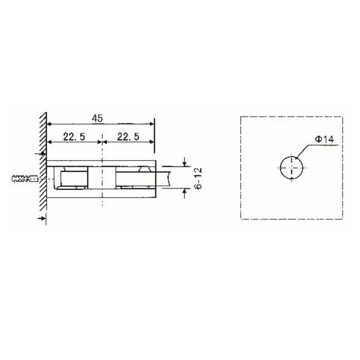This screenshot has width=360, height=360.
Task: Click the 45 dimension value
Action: click(97, 118)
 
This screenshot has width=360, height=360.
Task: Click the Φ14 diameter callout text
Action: click(324, 140)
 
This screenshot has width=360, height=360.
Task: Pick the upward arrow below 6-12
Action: click(184, 193)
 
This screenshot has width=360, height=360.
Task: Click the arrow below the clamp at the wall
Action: click(42, 218)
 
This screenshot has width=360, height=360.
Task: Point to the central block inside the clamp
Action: click(100, 178)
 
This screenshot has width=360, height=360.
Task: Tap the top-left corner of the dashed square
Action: click(242, 117)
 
